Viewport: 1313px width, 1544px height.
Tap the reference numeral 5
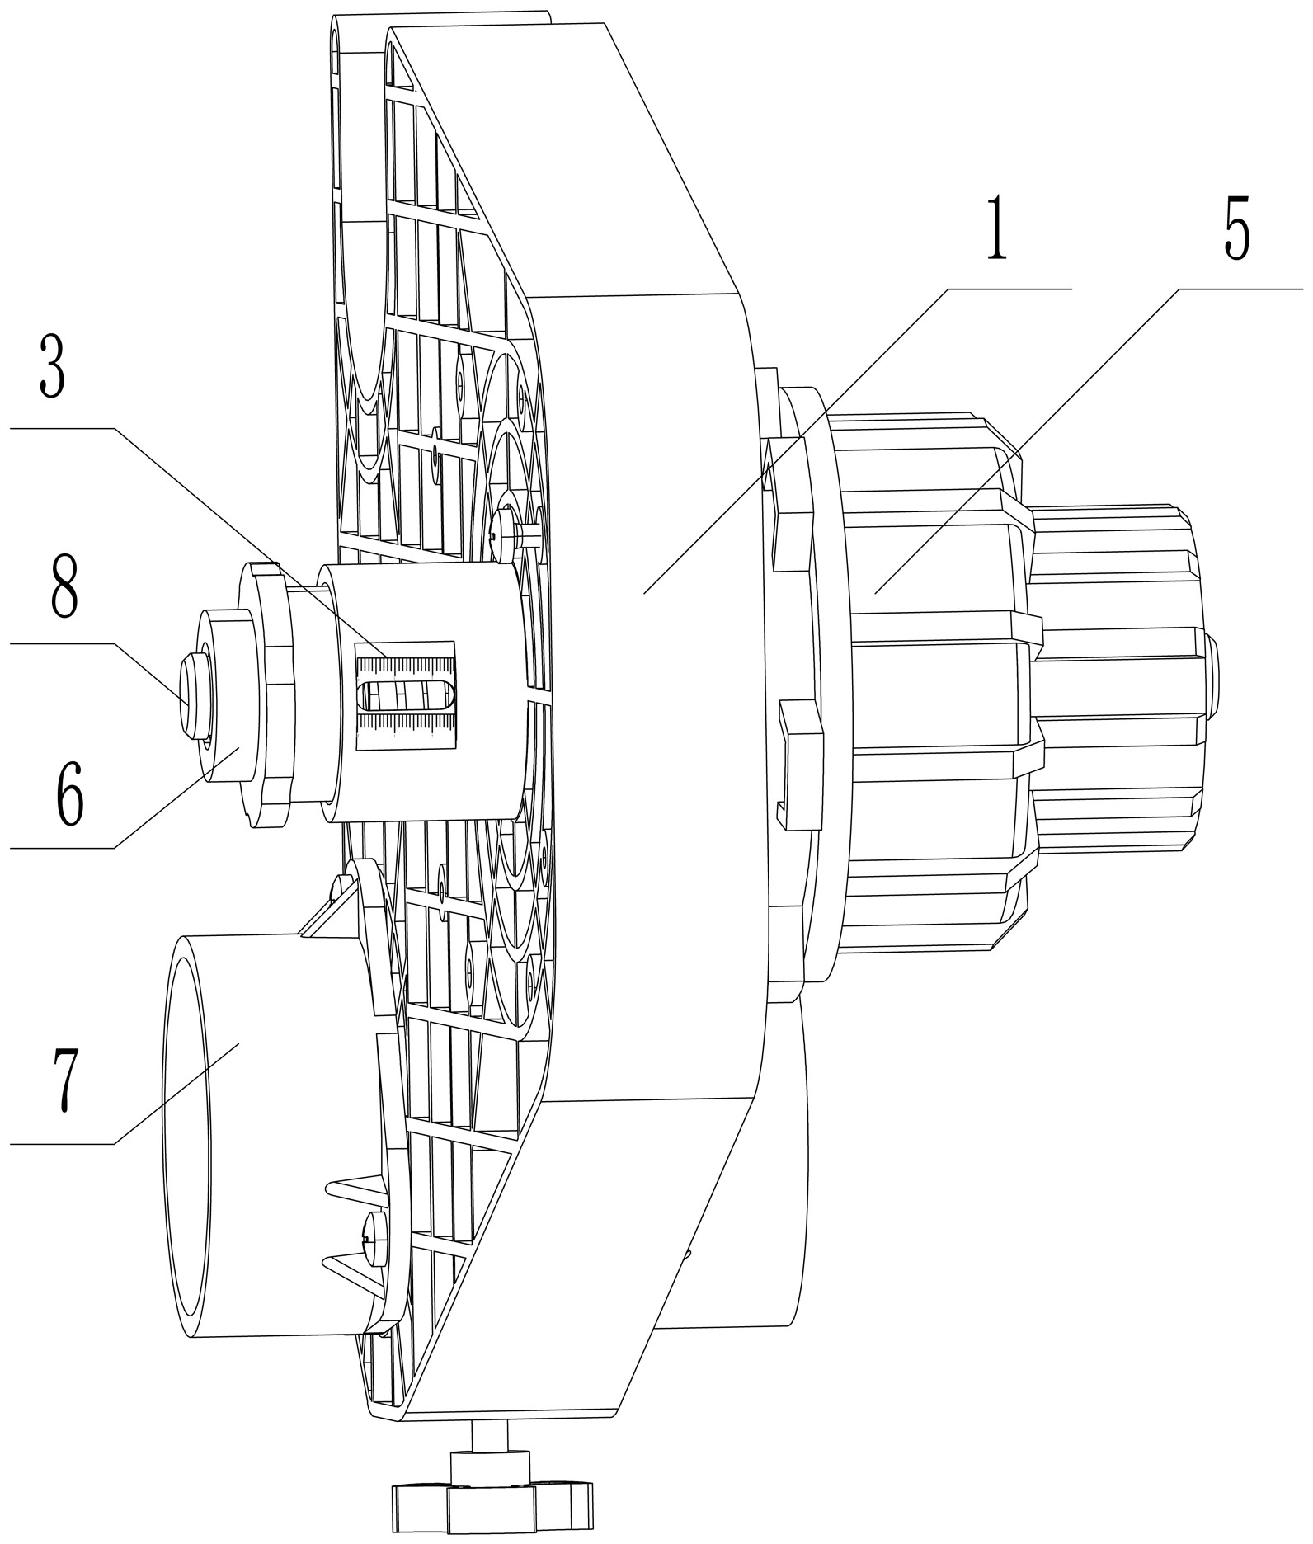click(1236, 228)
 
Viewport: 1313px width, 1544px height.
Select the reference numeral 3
click(51, 368)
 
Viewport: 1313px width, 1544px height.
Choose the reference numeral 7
click(66, 1081)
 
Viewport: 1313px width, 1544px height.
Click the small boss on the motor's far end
click(1213, 673)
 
